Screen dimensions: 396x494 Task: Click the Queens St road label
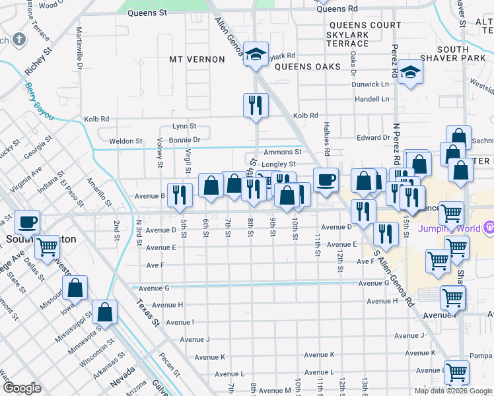click(147, 13)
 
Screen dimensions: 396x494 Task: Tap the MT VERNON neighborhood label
click(197, 59)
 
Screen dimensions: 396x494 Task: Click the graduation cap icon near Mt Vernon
click(254, 55)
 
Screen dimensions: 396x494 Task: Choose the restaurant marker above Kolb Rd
click(254, 105)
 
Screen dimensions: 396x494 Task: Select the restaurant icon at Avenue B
click(179, 194)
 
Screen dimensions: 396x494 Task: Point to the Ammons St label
click(282, 152)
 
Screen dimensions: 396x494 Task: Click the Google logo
click(22, 388)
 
